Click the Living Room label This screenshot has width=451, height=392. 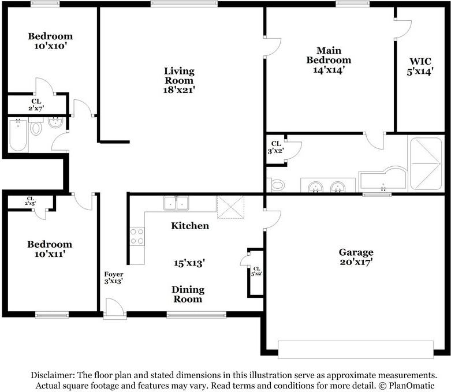click(179, 80)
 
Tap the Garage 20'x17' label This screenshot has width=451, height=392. click(356, 257)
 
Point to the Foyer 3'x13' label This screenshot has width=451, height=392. click(114, 278)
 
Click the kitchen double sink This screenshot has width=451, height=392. click(178, 203)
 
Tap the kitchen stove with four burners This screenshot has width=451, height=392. click(137, 236)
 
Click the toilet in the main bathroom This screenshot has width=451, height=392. click(277, 185)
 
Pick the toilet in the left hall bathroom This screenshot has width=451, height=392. click(36, 128)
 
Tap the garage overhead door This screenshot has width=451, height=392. click(356, 348)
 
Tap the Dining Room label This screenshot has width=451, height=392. click(188, 294)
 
